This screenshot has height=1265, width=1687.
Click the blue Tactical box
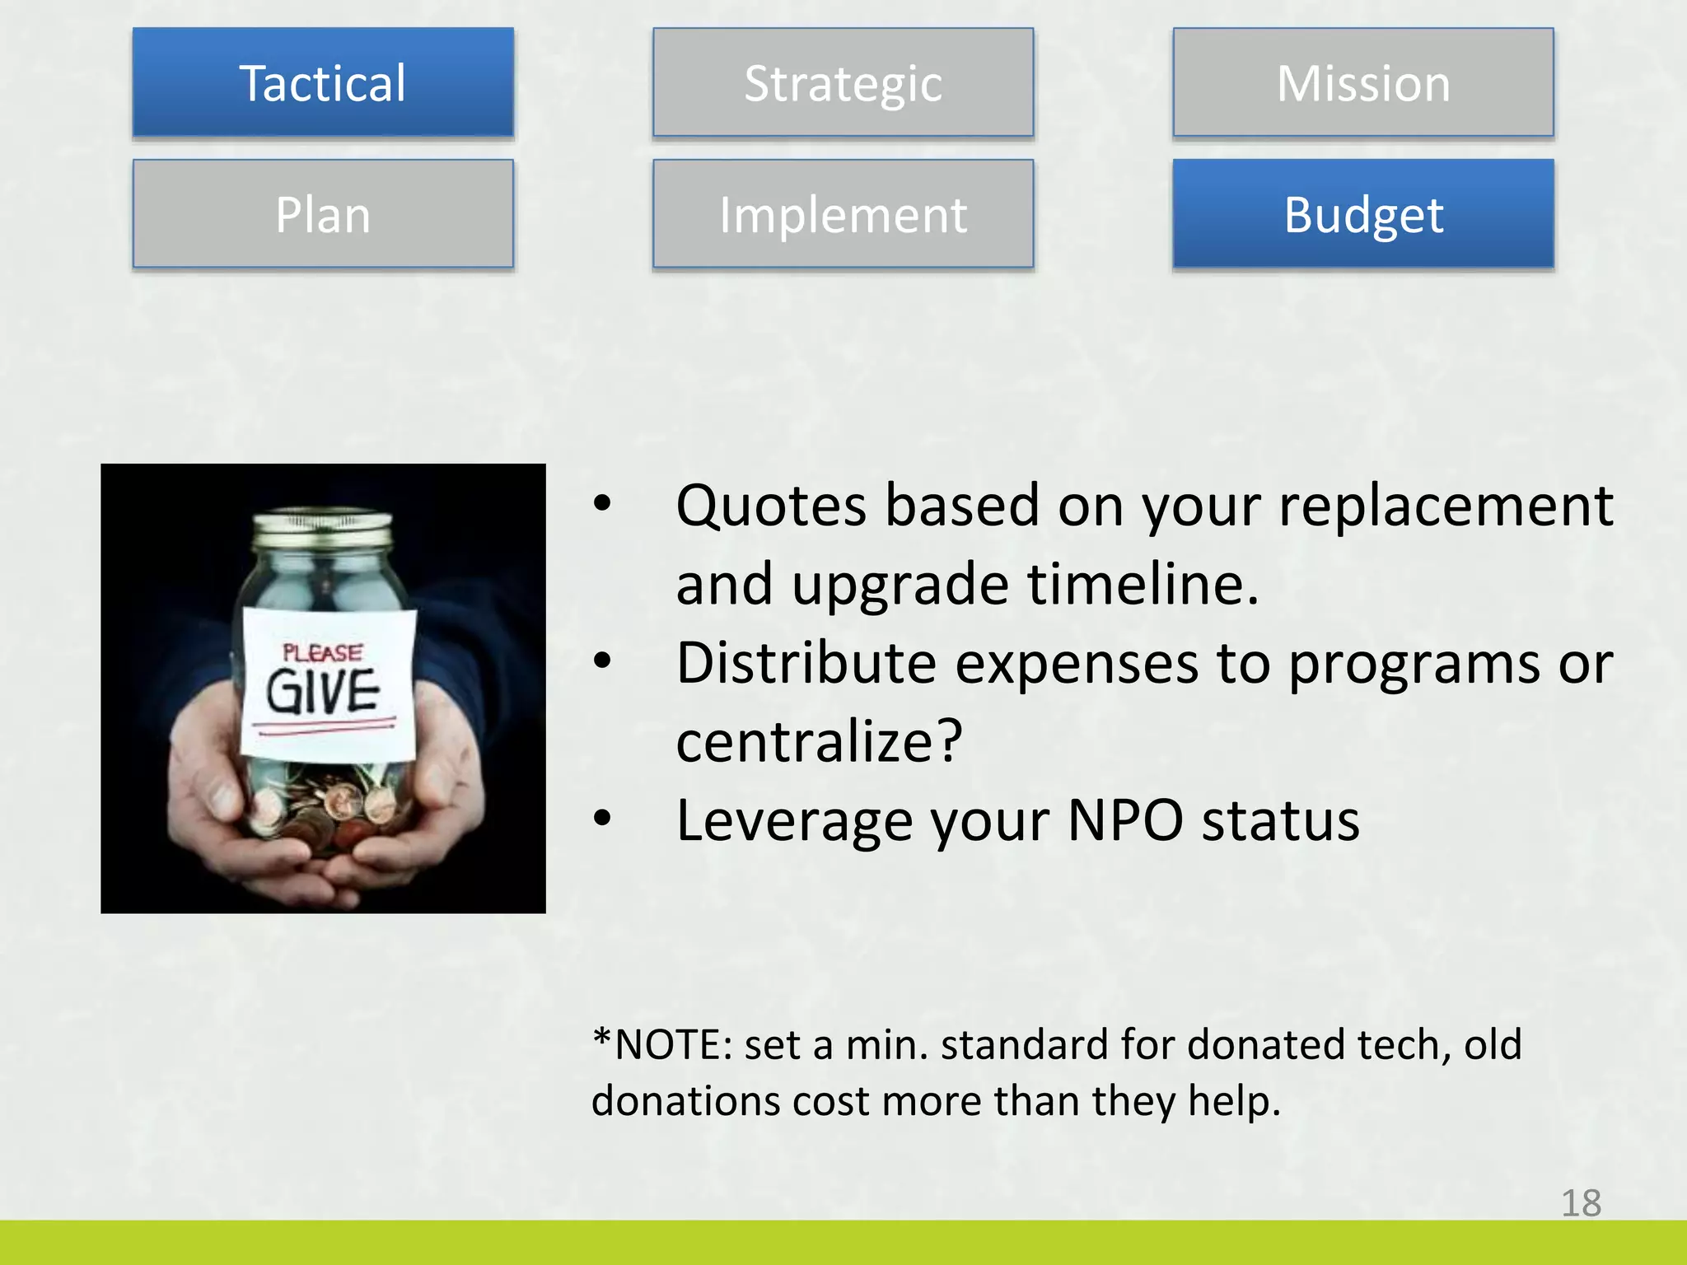click(323, 82)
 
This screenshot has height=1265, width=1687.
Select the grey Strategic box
click(843, 82)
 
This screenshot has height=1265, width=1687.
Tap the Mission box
click(1363, 82)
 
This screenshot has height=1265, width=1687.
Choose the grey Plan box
click(323, 214)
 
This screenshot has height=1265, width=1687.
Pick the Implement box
click(843, 214)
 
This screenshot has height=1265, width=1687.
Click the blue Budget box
click(1363, 214)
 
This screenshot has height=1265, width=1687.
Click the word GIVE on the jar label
click(323, 691)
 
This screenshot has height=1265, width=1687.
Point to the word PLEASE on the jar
click(322, 653)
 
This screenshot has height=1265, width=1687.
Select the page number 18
click(1581, 1203)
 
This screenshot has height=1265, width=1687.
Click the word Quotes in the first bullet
click(771, 506)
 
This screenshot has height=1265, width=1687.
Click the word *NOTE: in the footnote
click(662, 1044)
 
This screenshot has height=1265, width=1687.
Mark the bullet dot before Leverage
click(603, 818)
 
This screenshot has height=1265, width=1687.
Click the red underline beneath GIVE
click(324, 726)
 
